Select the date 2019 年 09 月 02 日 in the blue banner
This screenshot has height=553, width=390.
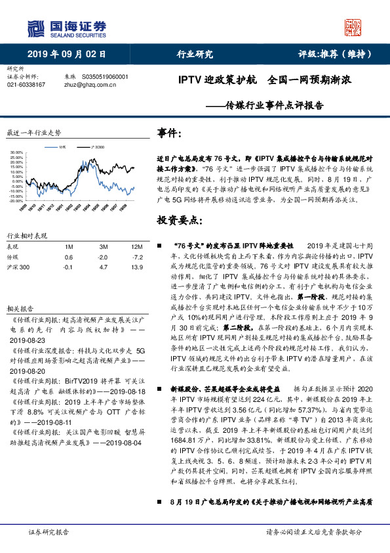[66, 55]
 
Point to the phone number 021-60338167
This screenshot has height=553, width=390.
[26, 85]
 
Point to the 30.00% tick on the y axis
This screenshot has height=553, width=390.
[18, 153]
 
